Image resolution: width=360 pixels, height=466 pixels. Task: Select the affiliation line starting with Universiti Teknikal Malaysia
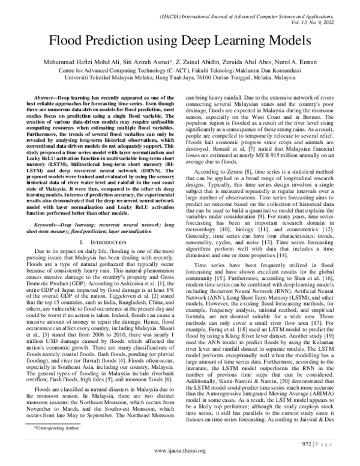point(179,77)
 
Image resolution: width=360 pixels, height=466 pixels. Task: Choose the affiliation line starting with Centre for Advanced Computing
point(179,70)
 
